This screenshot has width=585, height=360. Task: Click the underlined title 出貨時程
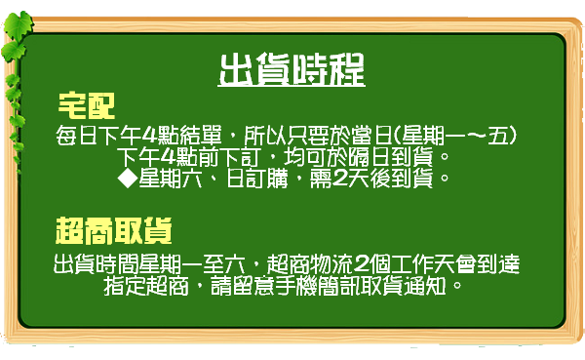(292, 69)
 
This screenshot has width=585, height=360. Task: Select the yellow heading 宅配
(87, 104)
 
